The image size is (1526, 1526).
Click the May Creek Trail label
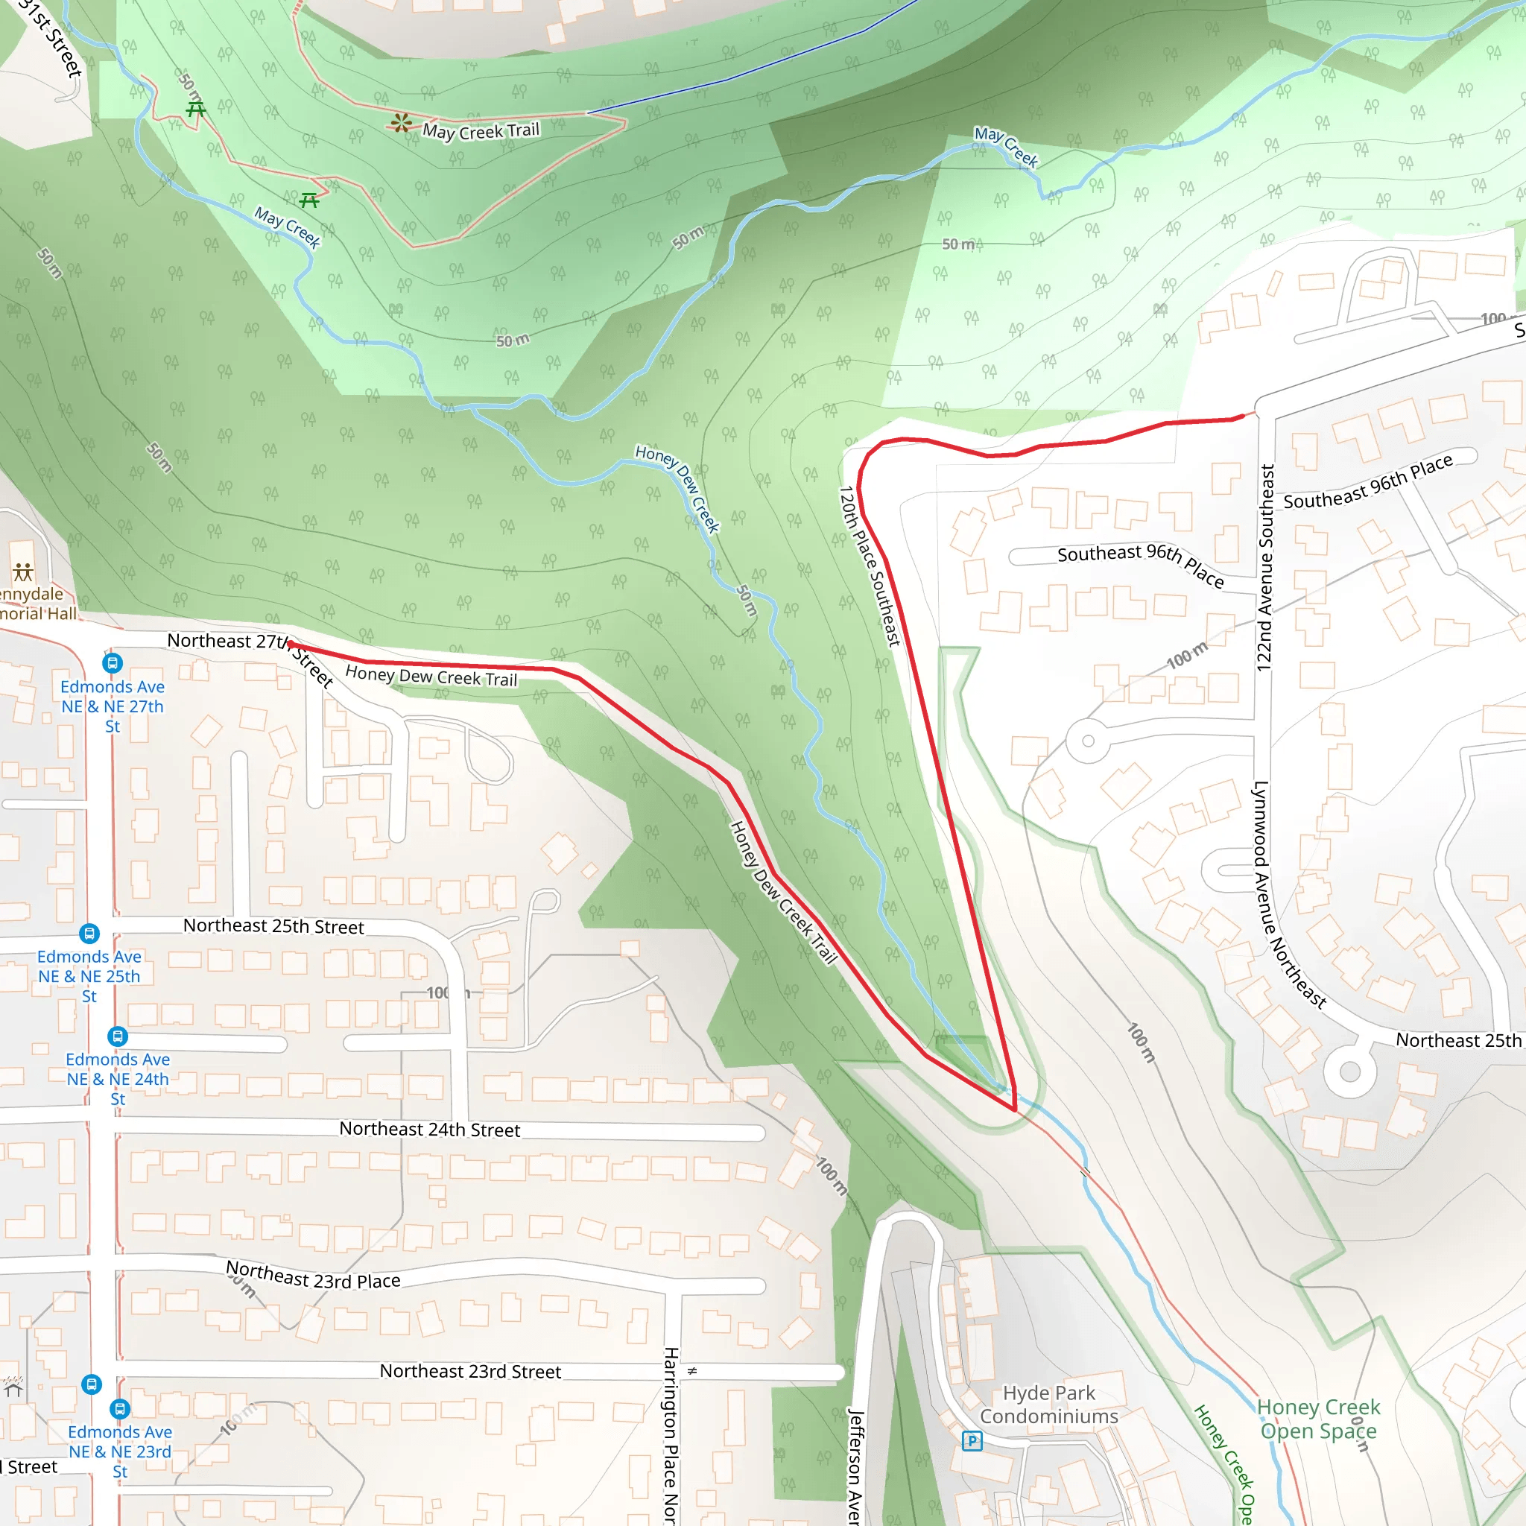(x=481, y=131)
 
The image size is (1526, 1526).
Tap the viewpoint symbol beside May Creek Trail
(x=402, y=122)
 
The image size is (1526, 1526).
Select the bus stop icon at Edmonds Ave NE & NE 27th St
(x=113, y=663)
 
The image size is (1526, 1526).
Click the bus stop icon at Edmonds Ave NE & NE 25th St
(x=89, y=934)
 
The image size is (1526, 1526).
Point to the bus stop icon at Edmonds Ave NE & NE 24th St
(x=117, y=1036)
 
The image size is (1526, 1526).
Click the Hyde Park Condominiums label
(x=1049, y=1405)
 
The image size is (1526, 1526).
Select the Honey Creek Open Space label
(x=1318, y=1419)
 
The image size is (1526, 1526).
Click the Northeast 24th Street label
(x=430, y=1130)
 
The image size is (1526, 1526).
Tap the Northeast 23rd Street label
(x=470, y=1371)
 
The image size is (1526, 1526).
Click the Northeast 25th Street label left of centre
(x=273, y=925)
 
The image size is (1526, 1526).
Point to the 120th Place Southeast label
(x=869, y=566)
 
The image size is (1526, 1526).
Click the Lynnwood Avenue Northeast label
(x=1288, y=894)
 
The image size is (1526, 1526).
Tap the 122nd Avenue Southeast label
(x=1265, y=567)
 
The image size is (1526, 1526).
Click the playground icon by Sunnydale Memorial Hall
(x=23, y=572)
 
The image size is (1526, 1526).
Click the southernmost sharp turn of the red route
(x=1015, y=1109)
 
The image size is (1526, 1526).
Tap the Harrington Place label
(x=670, y=1434)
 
